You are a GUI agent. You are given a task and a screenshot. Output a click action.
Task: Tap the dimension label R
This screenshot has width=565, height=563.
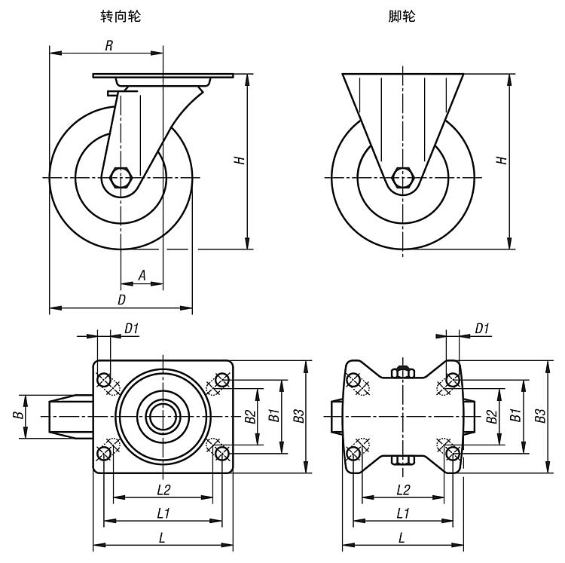pyautogui.click(x=108, y=45)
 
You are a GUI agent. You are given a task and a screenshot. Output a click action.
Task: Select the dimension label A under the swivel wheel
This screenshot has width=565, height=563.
pyautogui.click(x=141, y=276)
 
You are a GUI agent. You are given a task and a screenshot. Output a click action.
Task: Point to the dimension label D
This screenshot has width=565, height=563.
pyautogui.click(x=121, y=299)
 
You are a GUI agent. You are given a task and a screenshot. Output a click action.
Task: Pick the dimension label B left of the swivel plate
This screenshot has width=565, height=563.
pyautogui.click(x=16, y=416)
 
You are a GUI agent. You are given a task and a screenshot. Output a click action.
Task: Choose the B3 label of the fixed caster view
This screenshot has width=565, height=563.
pyautogui.click(x=540, y=416)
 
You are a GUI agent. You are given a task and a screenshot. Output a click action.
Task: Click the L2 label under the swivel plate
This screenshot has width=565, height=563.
pyautogui.click(x=163, y=489)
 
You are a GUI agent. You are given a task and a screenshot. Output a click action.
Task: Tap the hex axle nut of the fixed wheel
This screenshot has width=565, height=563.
pyautogui.click(x=403, y=178)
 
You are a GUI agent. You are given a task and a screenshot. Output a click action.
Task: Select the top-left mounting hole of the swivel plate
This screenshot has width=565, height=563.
pyautogui.click(x=104, y=378)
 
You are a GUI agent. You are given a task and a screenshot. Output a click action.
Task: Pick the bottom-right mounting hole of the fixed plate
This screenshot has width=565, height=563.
pyautogui.click(x=453, y=453)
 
